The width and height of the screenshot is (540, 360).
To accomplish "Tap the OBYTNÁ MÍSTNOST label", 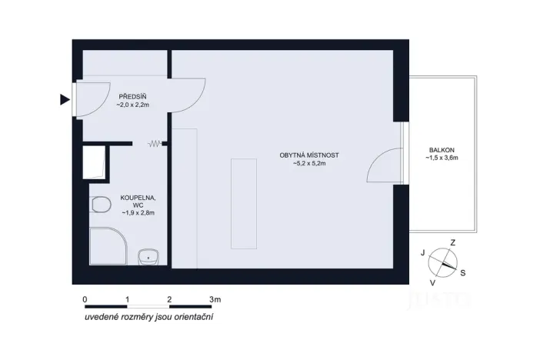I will pyautogui.click(x=309, y=155).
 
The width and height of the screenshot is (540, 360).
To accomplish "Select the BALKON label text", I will pyautogui.click(x=442, y=150).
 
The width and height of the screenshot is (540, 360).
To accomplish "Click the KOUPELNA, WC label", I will pyautogui.click(x=138, y=201).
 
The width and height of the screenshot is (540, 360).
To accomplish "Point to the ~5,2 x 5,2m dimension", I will pyautogui.click(x=309, y=163).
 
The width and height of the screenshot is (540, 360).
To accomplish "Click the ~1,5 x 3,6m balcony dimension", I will pyautogui.click(x=442, y=158).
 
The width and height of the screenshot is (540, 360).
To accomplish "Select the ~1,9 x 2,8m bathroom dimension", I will pyautogui.click(x=138, y=213).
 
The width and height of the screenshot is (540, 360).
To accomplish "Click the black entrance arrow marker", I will pyautogui.click(x=65, y=98).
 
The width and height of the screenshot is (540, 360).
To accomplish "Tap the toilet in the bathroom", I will pyautogui.click(x=98, y=205).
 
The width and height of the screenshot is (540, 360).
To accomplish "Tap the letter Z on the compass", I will pyautogui.click(x=453, y=242).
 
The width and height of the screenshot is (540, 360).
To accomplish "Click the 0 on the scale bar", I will pyautogui.click(x=84, y=298).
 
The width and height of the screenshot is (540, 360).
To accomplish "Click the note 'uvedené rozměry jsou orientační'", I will pyautogui.click(x=149, y=316).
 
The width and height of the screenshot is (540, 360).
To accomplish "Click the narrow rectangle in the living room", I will pyautogui.click(x=242, y=203).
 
